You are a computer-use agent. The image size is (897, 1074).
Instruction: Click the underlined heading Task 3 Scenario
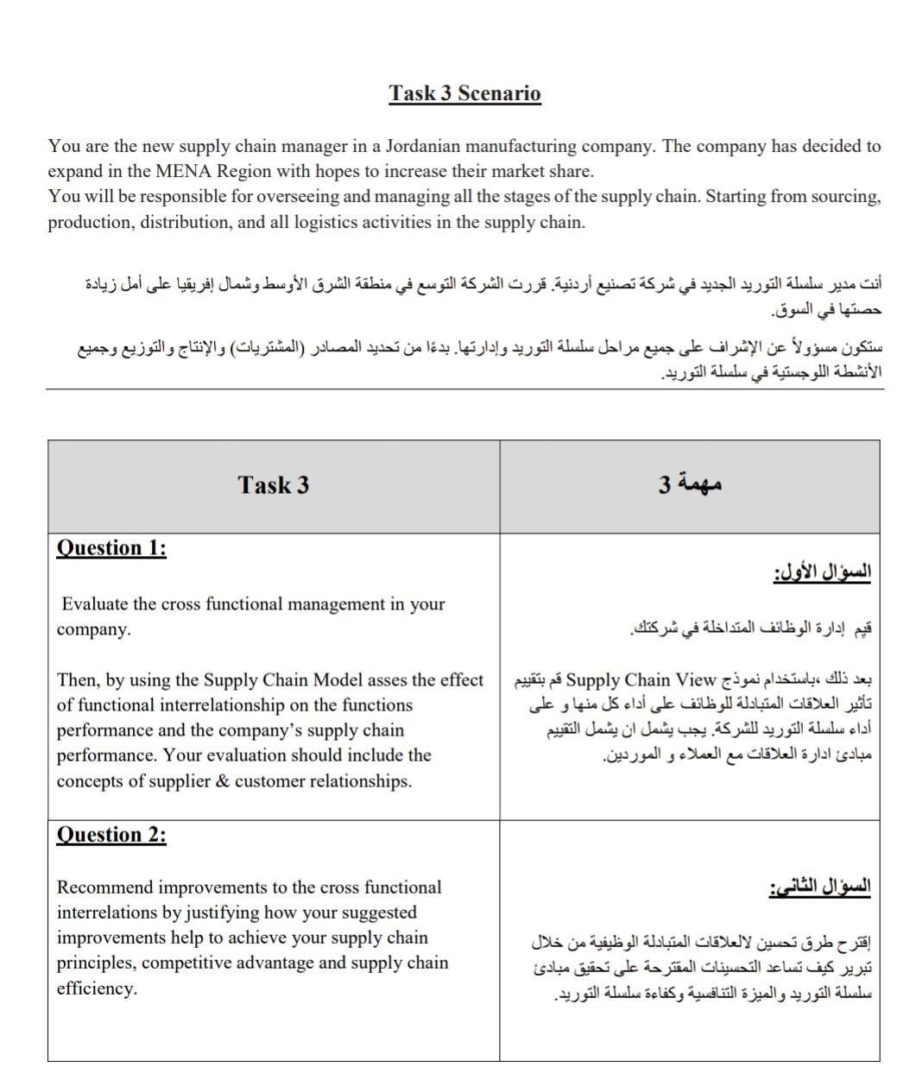pyautogui.click(x=464, y=93)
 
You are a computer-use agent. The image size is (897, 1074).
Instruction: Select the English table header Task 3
pyautogui.click(x=273, y=485)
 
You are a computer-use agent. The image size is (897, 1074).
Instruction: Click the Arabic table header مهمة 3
pyautogui.click(x=691, y=484)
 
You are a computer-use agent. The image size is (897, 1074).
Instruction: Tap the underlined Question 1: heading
pyautogui.click(x=111, y=548)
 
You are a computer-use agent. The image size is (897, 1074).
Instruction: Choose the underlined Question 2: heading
pyautogui.click(x=111, y=835)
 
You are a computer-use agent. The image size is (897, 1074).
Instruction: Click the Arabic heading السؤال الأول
pyautogui.click(x=823, y=572)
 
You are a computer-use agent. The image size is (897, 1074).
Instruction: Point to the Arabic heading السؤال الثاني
pyautogui.click(x=820, y=888)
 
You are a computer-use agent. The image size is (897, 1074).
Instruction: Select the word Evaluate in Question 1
pyautogui.click(x=95, y=604)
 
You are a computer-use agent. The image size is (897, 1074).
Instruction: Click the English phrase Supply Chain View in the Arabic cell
pyautogui.click(x=641, y=680)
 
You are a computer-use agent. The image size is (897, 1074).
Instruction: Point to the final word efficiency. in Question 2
pyautogui.click(x=97, y=989)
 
